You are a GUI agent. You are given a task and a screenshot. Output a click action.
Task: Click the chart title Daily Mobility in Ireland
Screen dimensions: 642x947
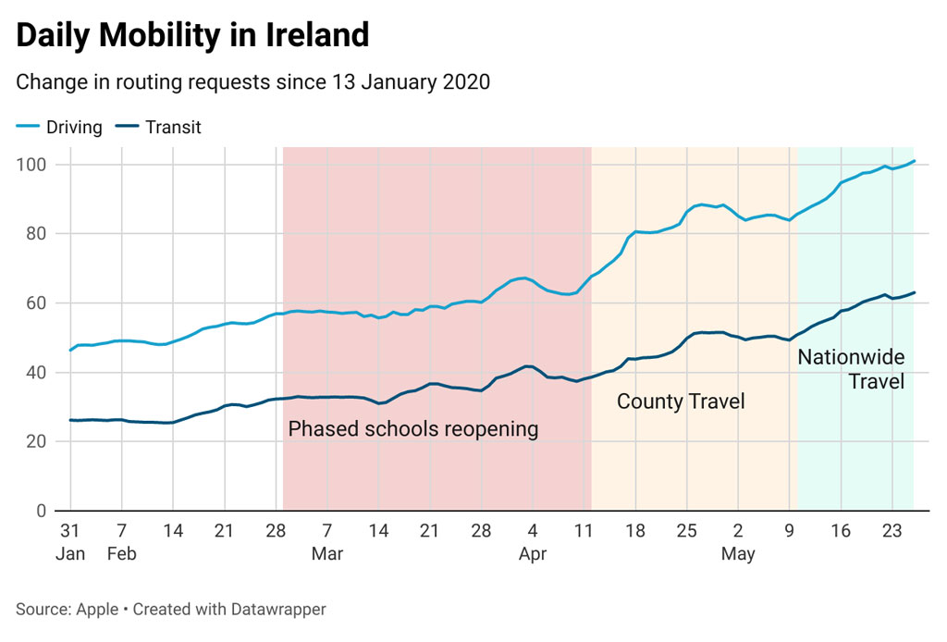(x=192, y=35)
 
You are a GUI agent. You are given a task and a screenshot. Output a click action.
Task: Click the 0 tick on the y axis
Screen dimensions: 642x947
(x=42, y=511)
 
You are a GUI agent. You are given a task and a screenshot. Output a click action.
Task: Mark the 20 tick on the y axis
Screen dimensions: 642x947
(x=37, y=441)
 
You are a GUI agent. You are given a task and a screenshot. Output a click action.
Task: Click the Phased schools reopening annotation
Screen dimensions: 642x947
(x=412, y=429)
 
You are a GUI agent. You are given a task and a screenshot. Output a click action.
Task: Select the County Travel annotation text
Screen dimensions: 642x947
(x=681, y=401)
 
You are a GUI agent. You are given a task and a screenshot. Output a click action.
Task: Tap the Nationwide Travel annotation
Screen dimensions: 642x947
(x=851, y=368)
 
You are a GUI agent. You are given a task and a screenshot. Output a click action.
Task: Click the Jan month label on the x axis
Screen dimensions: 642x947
(x=70, y=554)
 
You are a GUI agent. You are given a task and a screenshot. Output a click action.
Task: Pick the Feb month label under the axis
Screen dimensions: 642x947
(x=121, y=554)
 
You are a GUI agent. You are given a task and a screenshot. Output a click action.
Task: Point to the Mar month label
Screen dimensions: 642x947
(x=327, y=554)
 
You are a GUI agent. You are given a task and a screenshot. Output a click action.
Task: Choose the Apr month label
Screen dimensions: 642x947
(x=533, y=554)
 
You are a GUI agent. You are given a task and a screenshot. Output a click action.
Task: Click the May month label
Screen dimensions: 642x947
(x=738, y=554)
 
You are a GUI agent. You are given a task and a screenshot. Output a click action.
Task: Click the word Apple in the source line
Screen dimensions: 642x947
(x=97, y=610)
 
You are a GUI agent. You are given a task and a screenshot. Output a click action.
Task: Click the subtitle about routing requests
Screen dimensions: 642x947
(x=252, y=81)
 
